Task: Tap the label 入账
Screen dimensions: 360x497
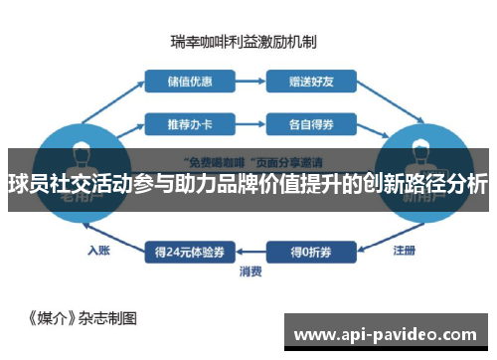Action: click(97, 250)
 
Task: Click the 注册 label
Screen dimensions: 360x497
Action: click(405, 250)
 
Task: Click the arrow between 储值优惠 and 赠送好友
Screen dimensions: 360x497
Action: click(250, 81)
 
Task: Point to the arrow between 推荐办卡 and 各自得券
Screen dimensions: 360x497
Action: click(250, 124)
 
